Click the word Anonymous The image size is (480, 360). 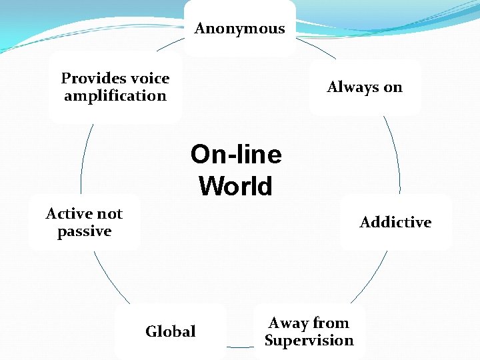[x=239, y=29]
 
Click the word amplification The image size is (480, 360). [x=115, y=96]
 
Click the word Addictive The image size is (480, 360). [x=395, y=223]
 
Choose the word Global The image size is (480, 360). [x=171, y=331]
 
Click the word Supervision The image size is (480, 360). [x=309, y=341]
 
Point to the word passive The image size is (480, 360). [x=84, y=231]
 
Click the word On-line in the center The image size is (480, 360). [x=236, y=155]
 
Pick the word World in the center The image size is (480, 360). [x=236, y=186]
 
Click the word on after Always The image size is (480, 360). [x=393, y=87]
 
